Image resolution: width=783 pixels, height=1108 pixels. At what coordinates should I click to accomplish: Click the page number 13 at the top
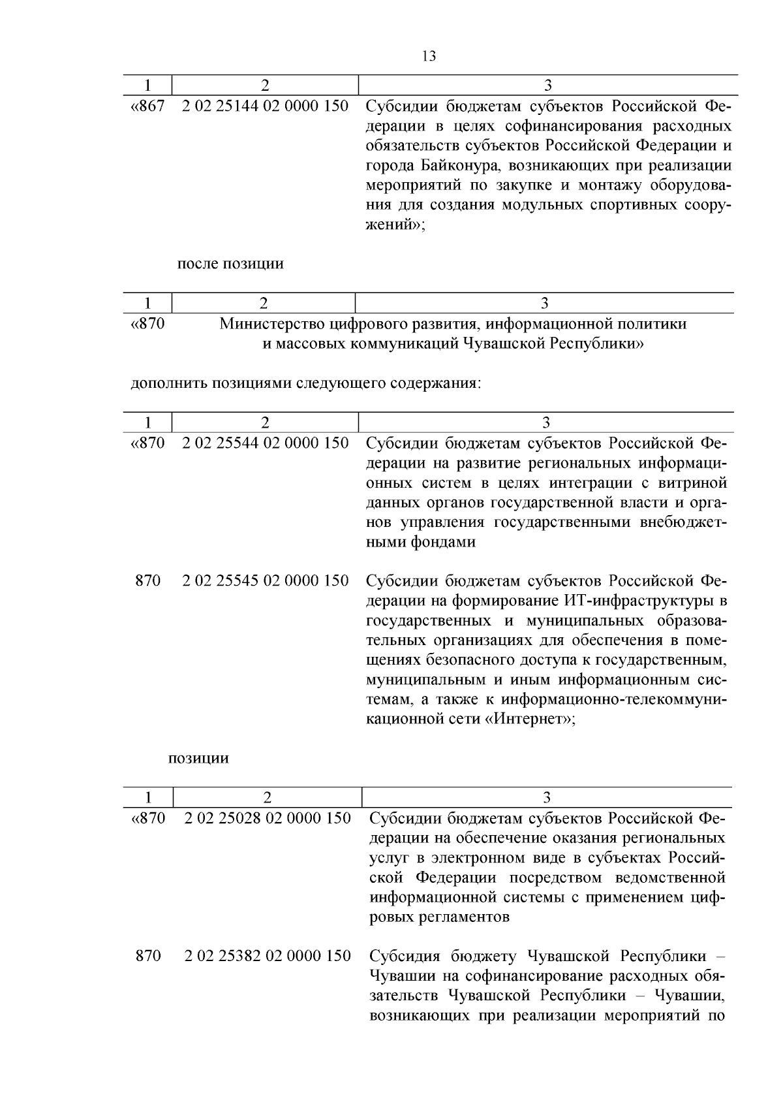click(429, 56)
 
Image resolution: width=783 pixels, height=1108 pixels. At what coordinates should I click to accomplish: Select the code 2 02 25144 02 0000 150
click(265, 106)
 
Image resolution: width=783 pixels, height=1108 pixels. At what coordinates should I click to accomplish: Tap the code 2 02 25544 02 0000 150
click(265, 443)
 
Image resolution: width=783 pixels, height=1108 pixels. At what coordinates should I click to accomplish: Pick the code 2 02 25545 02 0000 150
click(265, 580)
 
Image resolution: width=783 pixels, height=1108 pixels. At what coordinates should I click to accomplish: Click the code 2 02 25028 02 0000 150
click(268, 818)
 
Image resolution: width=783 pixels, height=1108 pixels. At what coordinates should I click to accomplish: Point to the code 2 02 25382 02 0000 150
click(268, 956)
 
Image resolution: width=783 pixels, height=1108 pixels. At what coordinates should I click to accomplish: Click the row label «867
click(148, 106)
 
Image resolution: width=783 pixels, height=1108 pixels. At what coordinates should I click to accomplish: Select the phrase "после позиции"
click(230, 264)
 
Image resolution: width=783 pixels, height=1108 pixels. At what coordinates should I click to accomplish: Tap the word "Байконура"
click(459, 165)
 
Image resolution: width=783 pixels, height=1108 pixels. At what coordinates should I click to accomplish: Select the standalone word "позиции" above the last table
click(198, 759)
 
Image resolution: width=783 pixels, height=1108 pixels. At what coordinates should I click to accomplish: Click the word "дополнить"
click(168, 383)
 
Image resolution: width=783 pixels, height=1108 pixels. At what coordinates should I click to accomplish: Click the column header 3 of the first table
click(547, 85)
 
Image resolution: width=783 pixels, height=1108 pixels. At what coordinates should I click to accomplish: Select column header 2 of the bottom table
click(267, 797)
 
